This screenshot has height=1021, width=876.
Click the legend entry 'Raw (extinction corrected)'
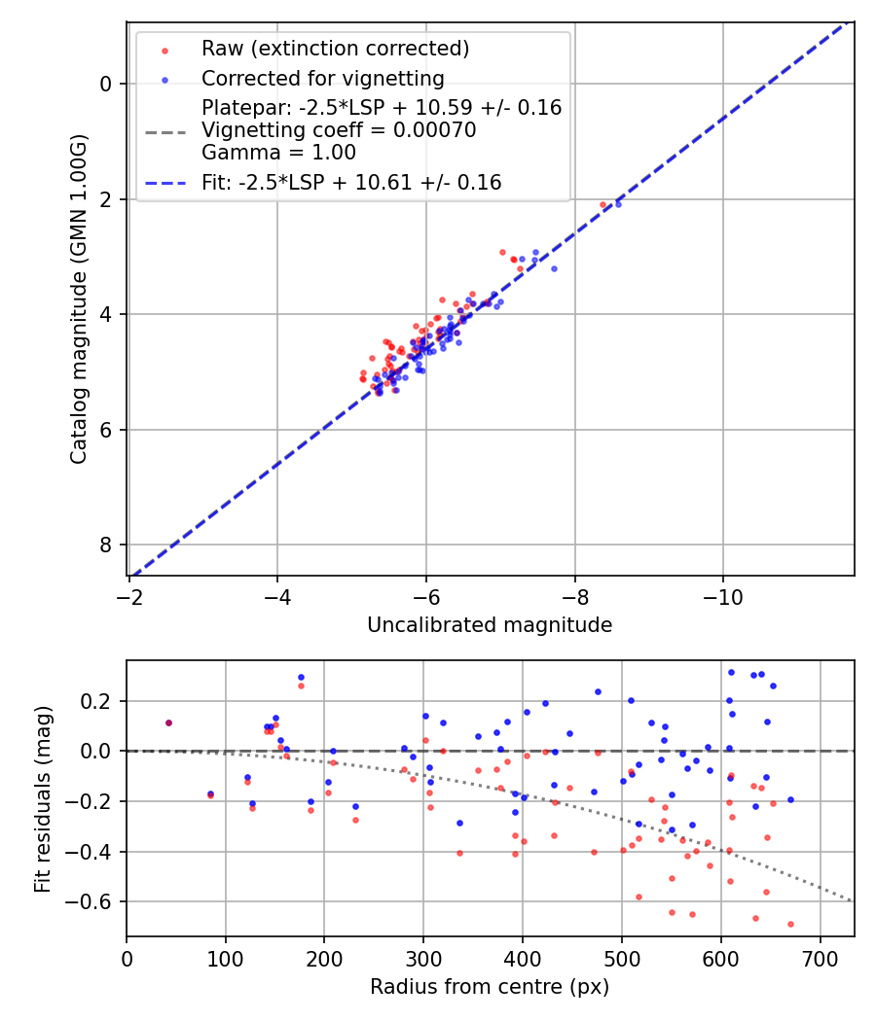(x=335, y=49)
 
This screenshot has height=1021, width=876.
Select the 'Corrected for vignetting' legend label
(x=322, y=79)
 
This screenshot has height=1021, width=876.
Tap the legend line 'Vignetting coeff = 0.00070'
(x=339, y=130)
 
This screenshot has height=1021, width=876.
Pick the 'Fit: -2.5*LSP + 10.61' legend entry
(x=351, y=182)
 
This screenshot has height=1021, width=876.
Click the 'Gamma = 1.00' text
(x=278, y=153)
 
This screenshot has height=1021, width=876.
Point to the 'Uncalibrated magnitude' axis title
(x=490, y=625)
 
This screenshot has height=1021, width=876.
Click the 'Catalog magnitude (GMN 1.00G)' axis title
(x=79, y=298)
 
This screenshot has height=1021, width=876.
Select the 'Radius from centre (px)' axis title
(x=490, y=987)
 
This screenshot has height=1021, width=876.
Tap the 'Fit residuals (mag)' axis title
(x=42, y=799)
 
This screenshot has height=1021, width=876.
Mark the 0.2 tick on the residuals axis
(x=101, y=701)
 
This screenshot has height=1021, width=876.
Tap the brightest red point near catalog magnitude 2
(x=602, y=204)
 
